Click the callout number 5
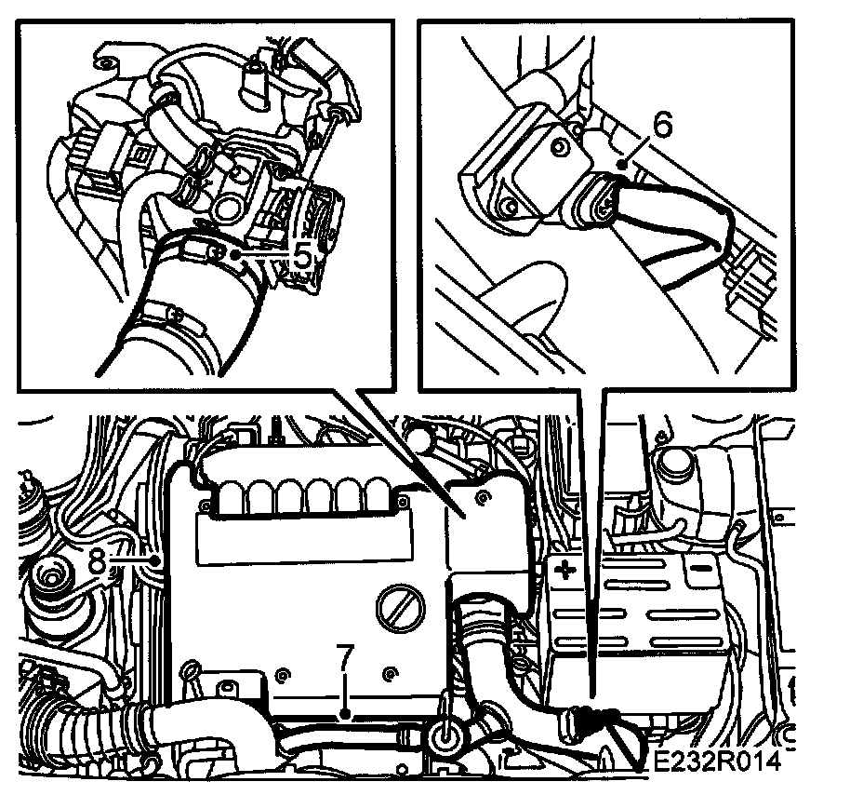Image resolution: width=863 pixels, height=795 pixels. (301, 256)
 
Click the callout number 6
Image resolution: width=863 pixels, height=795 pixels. (662, 125)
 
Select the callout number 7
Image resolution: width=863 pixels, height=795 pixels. (345, 657)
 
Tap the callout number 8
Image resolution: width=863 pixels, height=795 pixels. (98, 561)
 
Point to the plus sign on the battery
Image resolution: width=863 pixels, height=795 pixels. (564, 569)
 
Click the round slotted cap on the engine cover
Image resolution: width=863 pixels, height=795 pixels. (401, 608)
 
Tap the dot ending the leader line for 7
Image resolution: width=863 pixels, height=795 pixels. (346, 715)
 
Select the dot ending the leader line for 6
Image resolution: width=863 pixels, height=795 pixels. (622, 164)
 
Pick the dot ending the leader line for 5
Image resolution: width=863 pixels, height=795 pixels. (235, 255)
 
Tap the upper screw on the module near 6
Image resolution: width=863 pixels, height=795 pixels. (560, 147)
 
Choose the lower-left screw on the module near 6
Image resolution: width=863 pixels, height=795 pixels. (508, 208)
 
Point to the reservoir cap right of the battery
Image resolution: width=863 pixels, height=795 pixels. (673, 464)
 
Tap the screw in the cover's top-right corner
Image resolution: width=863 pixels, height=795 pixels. (483, 498)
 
